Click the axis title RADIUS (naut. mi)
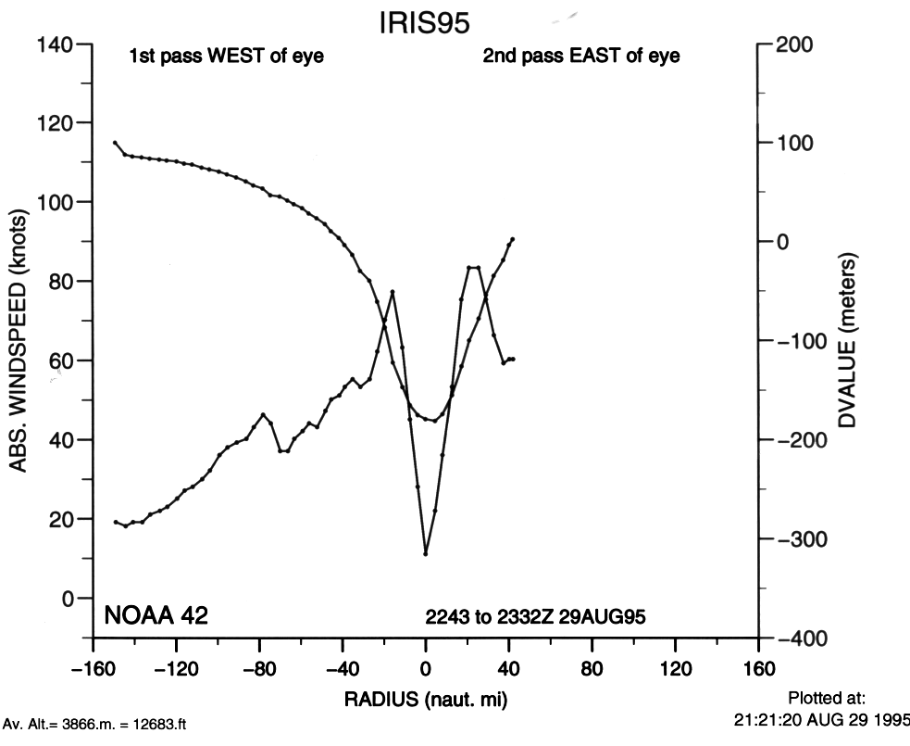(x=425, y=697)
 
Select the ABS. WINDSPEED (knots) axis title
(x=19, y=342)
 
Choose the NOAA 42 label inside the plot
(x=155, y=614)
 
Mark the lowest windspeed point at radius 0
(x=426, y=554)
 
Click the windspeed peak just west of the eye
(x=393, y=292)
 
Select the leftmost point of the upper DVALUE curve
(x=115, y=143)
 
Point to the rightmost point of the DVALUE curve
(x=513, y=239)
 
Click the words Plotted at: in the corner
(x=826, y=698)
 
